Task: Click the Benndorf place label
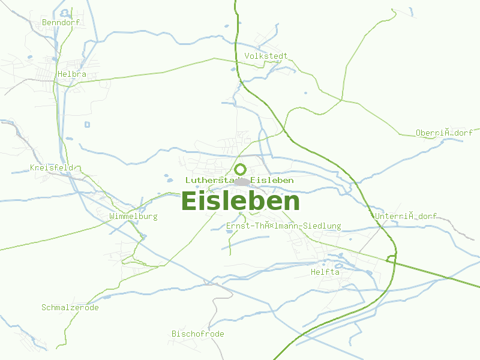[x=61, y=23]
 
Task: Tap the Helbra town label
[x=72, y=74]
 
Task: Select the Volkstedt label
[x=266, y=56]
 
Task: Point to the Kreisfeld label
[x=52, y=168]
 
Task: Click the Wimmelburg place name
[x=133, y=216]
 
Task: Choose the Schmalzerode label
[x=70, y=308]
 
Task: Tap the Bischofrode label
[x=197, y=334]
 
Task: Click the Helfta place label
[x=325, y=272]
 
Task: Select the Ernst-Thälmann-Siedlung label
[x=283, y=226]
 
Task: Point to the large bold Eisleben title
[x=240, y=202]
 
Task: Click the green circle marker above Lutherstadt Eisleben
[x=240, y=169]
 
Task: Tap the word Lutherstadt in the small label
[x=210, y=180]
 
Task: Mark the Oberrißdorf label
[x=444, y=133]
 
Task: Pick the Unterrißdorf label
[x=405, y=217]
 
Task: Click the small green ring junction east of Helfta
[x=391, y=259]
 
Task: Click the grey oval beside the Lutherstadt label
[x=244, y=181]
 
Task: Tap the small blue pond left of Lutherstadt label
[x=167, y=177]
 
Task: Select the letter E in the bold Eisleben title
[x=189, y=202]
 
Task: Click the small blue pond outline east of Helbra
[x=87, y=125]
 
